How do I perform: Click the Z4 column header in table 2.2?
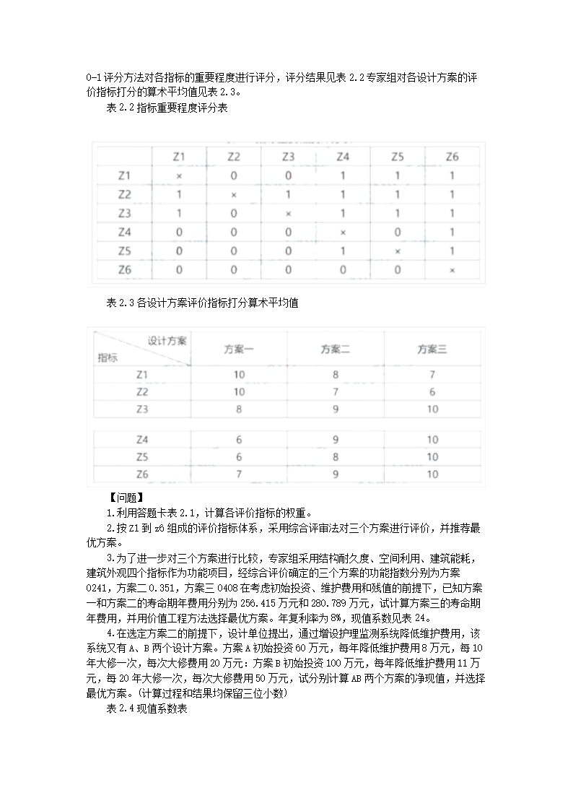343,157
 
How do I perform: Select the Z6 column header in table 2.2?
452,157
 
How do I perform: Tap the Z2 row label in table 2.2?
124,195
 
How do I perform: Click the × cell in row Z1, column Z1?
179,175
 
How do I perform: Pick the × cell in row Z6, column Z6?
452,271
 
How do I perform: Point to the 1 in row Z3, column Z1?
179,214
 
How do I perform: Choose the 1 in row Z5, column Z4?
343,251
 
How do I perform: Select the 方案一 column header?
239,350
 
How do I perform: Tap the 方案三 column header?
432,350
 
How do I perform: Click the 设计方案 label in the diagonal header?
167,341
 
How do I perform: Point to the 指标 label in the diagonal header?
108,357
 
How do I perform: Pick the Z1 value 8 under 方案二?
336,375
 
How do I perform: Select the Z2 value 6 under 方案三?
432,392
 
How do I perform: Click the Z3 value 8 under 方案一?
239,409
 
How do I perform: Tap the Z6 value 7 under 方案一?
239,474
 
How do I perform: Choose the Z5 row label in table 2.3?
142,457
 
